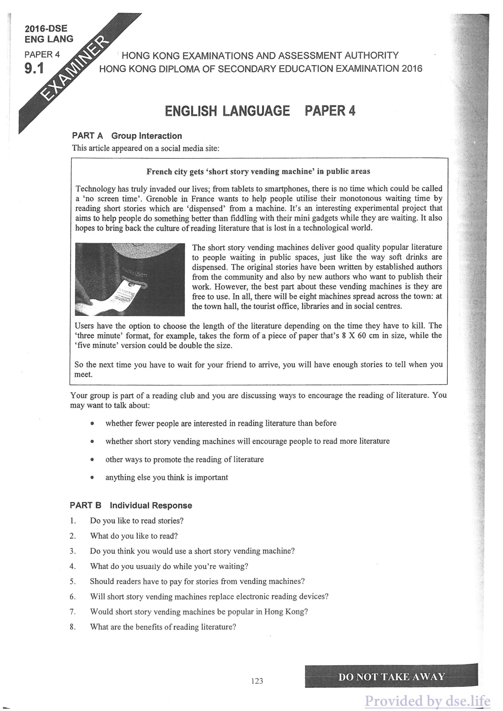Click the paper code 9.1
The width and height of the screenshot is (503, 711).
tap(34, 68)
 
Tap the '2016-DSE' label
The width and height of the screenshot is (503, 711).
tap(46, 29)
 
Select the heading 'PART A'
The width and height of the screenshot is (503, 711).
tap(87, 136)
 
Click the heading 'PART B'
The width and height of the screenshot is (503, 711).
tap(86, 505)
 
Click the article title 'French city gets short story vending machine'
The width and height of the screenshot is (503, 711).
tap(258, 172)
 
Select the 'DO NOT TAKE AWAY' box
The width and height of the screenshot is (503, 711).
tap(391, 677)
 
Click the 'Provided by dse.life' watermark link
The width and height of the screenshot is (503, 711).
tap(427, 700)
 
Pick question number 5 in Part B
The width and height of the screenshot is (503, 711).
tap(73, 581)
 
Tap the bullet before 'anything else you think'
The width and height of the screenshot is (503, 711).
tap(92, 478)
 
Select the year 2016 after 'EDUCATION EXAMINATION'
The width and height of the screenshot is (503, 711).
tap(412, 68)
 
